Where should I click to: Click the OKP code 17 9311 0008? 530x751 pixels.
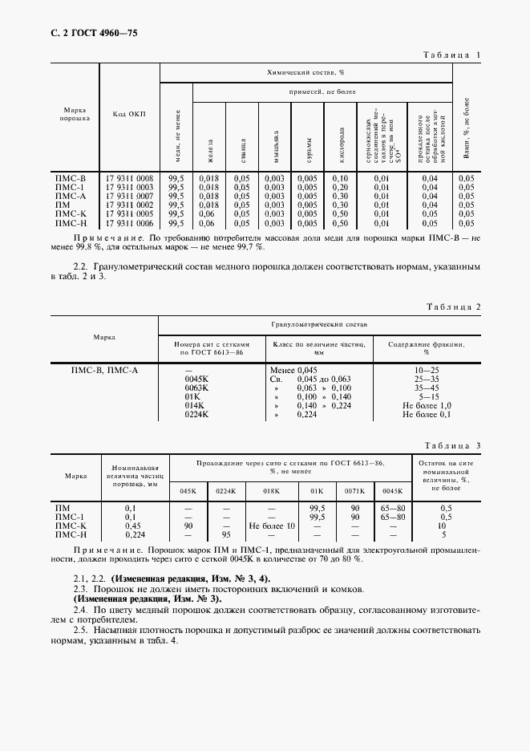(x=129, y=177)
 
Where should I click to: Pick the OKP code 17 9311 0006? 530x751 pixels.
(x=129, y=224)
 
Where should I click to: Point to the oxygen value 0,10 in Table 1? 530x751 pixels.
(x=339, y=177)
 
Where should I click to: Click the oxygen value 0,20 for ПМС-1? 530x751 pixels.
(x=339, y=187)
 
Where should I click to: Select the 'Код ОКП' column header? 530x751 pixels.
(x=129, y=114)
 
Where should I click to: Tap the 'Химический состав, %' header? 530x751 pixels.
(x=305, y=72)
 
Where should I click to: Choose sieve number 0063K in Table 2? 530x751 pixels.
(x=196, y=388)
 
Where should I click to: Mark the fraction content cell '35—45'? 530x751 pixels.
(x=427, y=388)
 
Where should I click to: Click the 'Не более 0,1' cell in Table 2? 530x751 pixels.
(x=427, y=415)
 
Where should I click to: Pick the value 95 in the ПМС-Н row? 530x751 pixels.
(x=226, y=534)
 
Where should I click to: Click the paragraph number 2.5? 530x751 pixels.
(x=80, y=630)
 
